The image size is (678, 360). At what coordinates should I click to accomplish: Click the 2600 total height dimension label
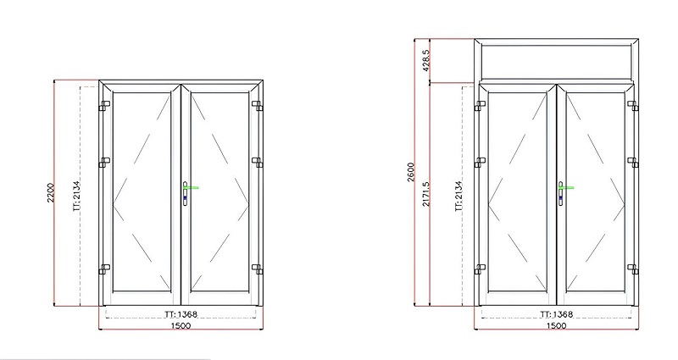410,173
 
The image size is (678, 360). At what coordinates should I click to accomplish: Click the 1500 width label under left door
179,326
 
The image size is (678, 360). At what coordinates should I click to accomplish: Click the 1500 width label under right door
555,326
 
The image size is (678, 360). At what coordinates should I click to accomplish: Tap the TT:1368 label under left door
180,314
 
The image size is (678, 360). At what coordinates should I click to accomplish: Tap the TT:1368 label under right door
555,314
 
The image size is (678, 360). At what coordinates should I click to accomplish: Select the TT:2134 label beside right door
458,194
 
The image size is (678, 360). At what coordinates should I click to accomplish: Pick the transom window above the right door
555,60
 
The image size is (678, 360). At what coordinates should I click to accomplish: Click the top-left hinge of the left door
103,107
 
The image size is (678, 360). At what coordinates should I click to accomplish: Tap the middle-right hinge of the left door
256,161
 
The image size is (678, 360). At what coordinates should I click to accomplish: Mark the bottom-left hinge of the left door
103,269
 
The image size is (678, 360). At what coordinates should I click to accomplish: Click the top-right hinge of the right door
632,105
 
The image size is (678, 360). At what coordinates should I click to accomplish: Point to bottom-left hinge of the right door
479,269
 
